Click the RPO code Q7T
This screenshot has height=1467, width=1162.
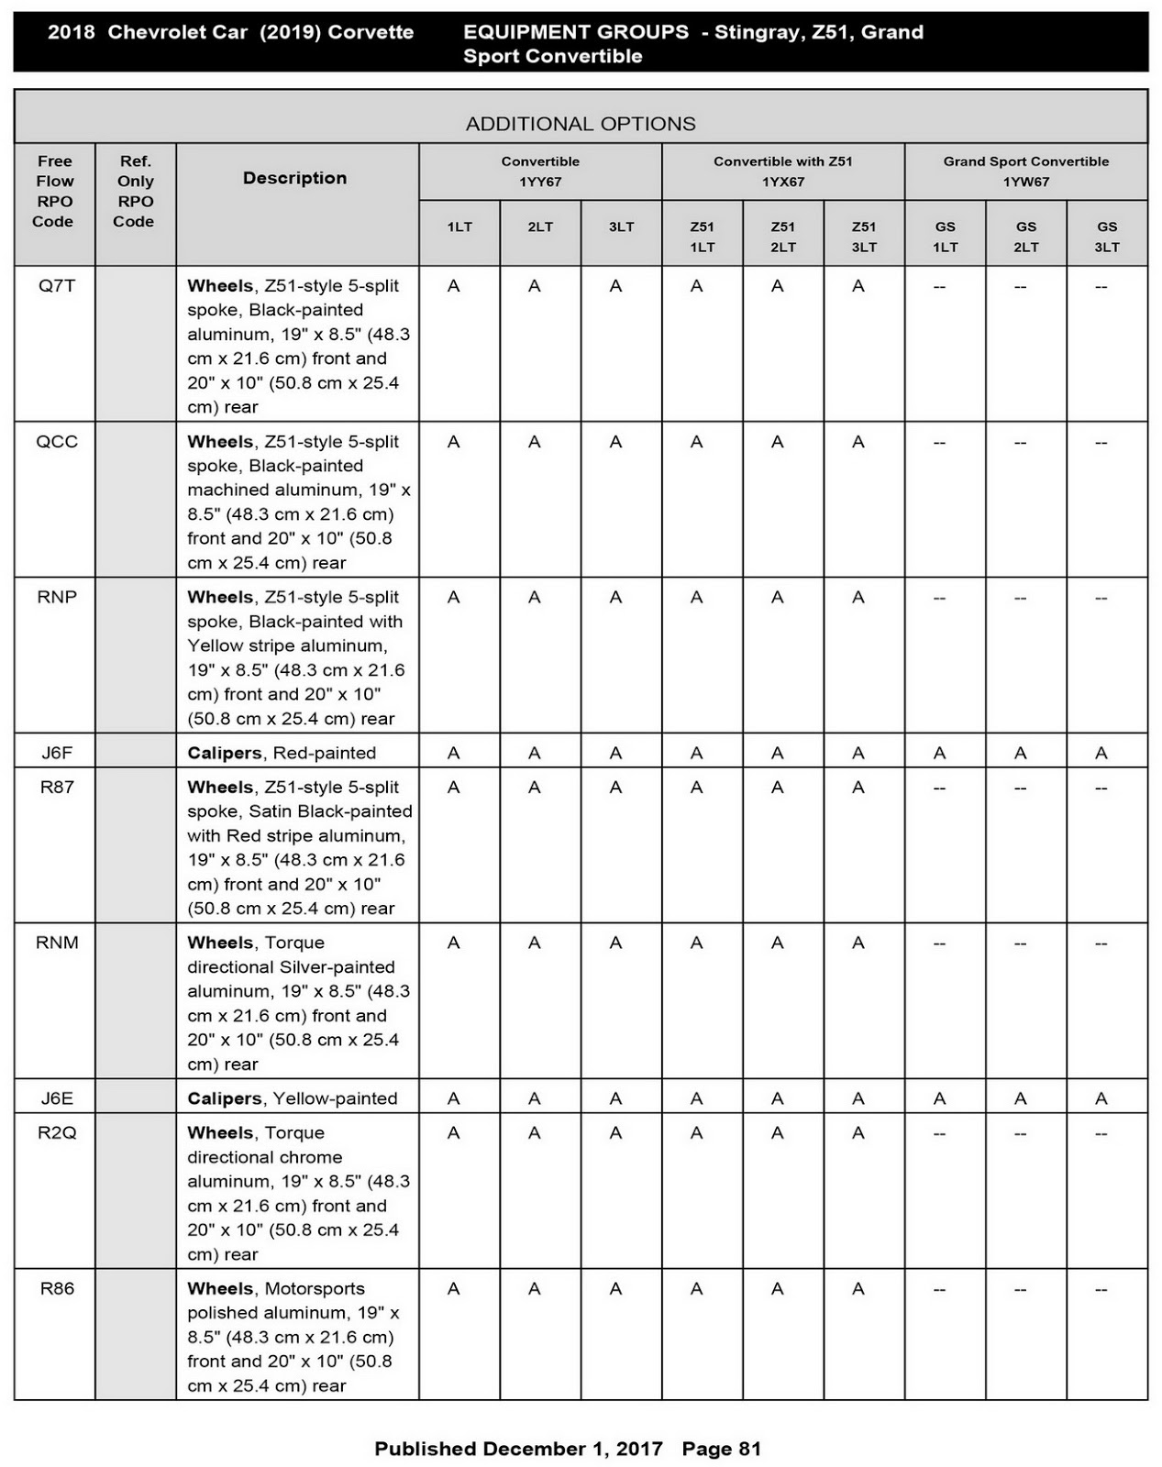pyautogui.click(x=57, y=286)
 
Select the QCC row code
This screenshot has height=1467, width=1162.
pyautogui.click(x=57, y=442)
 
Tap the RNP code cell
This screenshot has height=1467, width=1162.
pyautogui.click(x=57, y=598)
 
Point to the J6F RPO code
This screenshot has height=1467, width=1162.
pyautogui.click(x=57, y=754)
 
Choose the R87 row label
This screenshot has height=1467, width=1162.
pyautogui.click(x=57, y=788)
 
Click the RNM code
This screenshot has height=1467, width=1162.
pyautogui.click(x=57, y=943)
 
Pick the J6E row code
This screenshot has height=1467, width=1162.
pyautogui.click(x=57, y=1099)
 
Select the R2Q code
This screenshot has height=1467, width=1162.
pyautogui.click(x=57, y=1133)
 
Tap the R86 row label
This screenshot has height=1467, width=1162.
pyautogui.click(x=57, y=1289)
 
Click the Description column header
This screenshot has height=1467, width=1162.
pyautogui.click(x=294, y=178)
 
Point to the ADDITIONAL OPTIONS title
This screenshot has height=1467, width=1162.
pyautogui.click(x=581, y=124)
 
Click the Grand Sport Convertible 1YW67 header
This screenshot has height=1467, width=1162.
pyautogui.click(x=1025, y=171)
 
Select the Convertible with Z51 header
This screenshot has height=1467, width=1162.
pyautogui.click(x=783, y=171)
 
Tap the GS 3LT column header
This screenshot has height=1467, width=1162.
pyautogui.click(x=1107, y=237)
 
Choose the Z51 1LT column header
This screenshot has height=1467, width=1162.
pyautogui.click(x=703, y=237)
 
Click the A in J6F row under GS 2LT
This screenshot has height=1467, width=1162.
pyautogui.click(x=1021, y=754)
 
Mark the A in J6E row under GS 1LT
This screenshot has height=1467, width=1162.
pyautogui.click(x=940, y=1099)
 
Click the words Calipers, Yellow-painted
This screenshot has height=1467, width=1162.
pyautogui.click(x=293, y=1099)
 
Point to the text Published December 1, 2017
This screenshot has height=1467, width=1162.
pyautogui.click(x=518, y=1449)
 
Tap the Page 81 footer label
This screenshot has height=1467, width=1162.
pyautogui.click(x=722, y=1449)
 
